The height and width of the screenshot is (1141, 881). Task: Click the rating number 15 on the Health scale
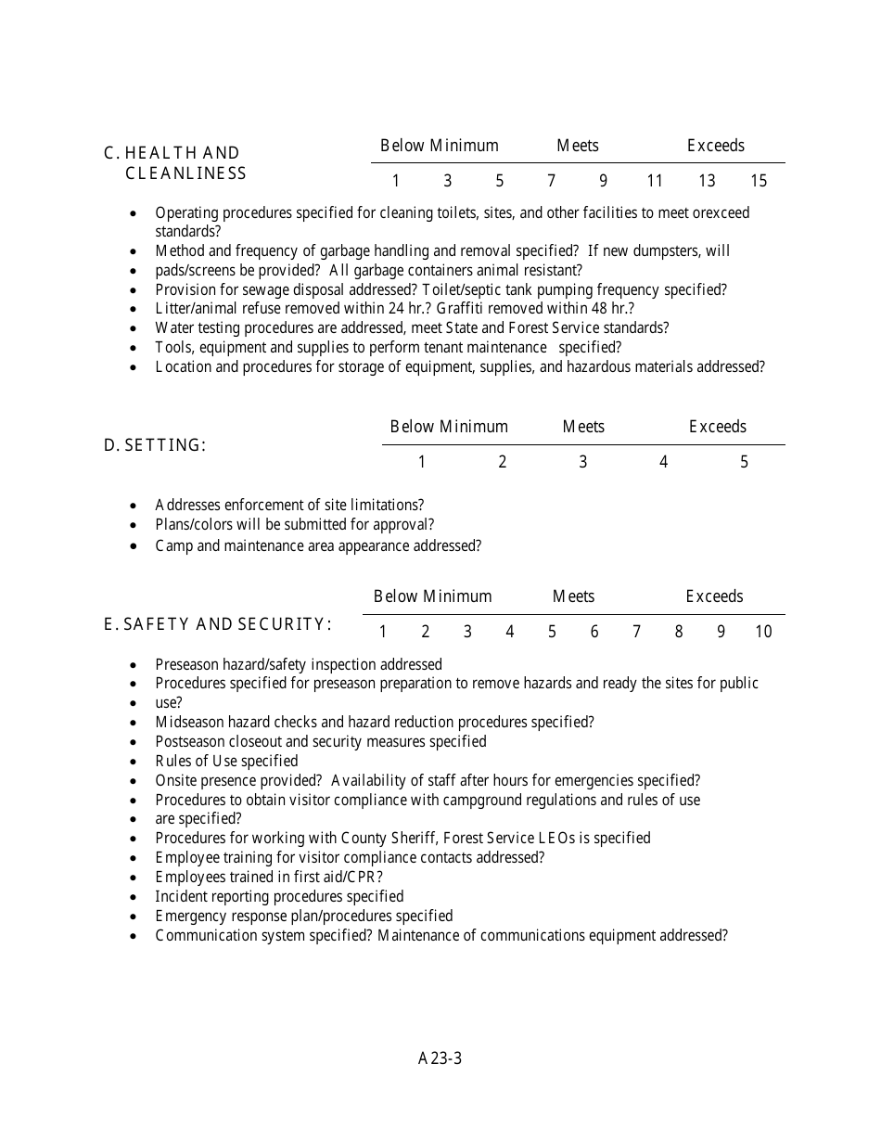pos(759,181)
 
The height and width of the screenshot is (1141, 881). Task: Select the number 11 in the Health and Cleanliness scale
pos(655,181)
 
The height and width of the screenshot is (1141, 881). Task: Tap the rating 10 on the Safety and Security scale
pos(763,632)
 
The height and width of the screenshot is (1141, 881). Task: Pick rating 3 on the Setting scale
pos(582,462)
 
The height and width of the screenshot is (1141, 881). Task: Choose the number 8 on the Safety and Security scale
pos(679,632)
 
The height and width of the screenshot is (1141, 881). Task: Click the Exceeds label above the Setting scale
pos(717,427)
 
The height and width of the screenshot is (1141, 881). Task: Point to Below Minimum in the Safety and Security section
pos(432,596)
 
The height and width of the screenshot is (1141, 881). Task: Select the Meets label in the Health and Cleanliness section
pos(577,146)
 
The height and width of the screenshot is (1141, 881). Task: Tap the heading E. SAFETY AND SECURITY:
pos(218,624)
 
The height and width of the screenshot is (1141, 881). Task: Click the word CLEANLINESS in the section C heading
pos(185,173)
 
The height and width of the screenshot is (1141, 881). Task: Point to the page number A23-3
pos(440,1058)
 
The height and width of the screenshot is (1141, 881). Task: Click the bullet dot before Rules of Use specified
pos(135,762)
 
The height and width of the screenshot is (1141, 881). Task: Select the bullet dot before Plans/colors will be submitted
pos(135,525)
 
